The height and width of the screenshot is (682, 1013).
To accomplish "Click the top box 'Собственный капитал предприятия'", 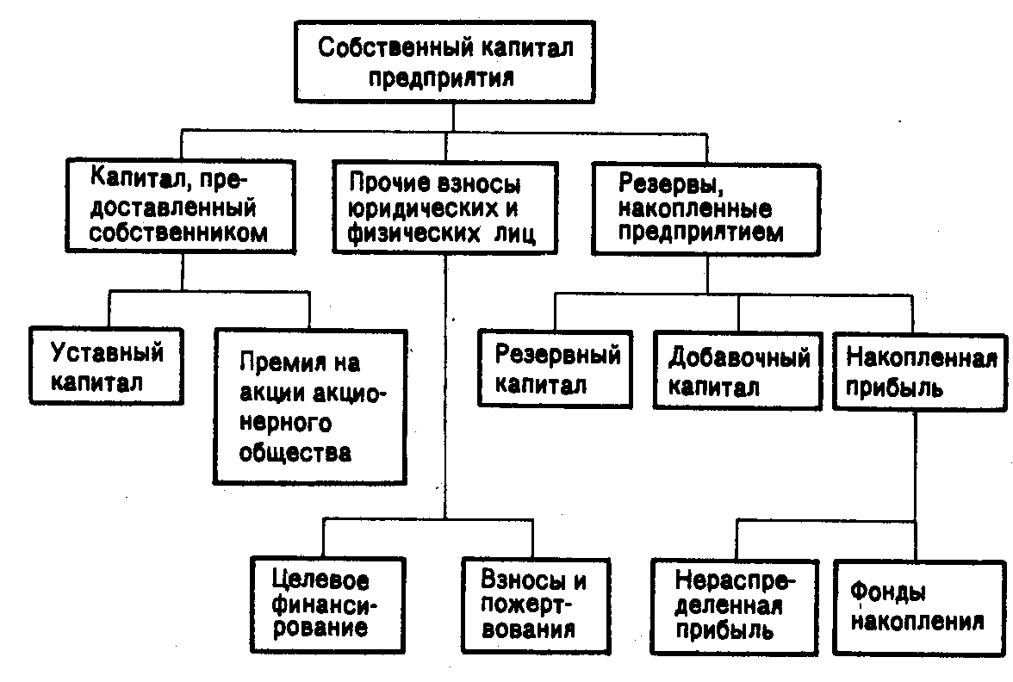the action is point(444,62).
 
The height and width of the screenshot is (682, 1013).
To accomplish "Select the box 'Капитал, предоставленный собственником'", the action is point(181,206).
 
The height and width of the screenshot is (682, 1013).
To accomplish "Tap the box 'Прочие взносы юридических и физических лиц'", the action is point(445,208).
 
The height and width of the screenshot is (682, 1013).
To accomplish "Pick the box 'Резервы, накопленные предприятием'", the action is point(706,209).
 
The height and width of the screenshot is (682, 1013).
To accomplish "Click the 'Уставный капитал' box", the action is point(107,366).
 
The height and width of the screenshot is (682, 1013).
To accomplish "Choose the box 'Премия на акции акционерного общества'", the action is point(310,406).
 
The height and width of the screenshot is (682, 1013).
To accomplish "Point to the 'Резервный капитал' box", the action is point(555,369).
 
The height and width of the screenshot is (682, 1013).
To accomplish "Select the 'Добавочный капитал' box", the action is point(737,370).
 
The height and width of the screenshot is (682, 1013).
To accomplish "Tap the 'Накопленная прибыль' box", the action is point(920,371).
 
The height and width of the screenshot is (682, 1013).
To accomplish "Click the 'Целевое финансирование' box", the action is point(328,605).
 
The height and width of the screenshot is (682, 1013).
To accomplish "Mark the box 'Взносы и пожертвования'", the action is point(536,606).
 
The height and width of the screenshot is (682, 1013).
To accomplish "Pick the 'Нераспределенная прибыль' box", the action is point(736,608).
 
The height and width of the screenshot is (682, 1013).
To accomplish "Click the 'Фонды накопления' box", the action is point(919,608).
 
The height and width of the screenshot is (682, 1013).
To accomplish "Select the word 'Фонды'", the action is point(887,592).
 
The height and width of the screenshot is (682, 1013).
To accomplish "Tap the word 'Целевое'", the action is point(320,580).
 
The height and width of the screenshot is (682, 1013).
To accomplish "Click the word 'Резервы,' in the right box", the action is point(670,184).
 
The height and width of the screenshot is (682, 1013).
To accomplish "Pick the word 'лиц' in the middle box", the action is point(514,233).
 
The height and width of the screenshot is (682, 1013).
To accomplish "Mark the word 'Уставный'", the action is point(107,353).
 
